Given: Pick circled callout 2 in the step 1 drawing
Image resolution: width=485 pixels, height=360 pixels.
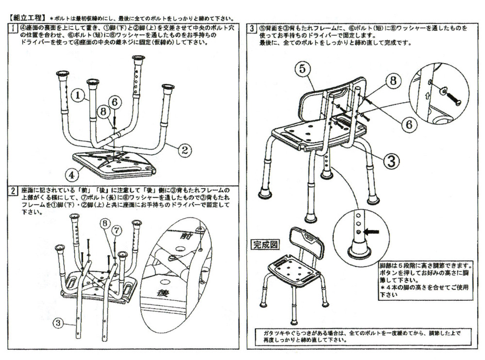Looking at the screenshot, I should click(x=184, y=149).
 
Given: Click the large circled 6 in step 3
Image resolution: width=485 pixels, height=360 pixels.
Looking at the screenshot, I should click(x=409, y=124).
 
